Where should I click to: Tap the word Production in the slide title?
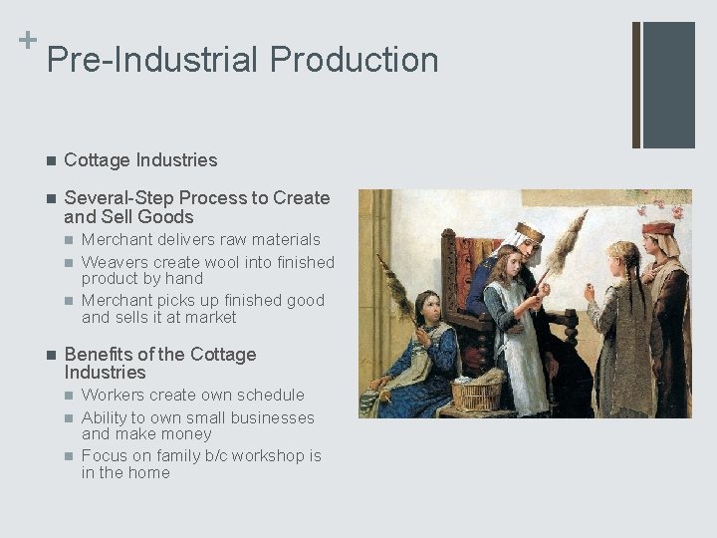tap(354, 60)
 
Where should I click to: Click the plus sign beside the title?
tap(27, 40)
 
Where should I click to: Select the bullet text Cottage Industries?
tap(139, 159)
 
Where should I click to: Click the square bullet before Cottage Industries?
tap(51, 160)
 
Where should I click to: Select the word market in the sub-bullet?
tap(206, 317)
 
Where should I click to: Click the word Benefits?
tap(98, 355)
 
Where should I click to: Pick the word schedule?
tap(269, 395)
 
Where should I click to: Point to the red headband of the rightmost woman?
tap(657, 228)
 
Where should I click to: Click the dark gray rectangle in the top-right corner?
tap(668, 85)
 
